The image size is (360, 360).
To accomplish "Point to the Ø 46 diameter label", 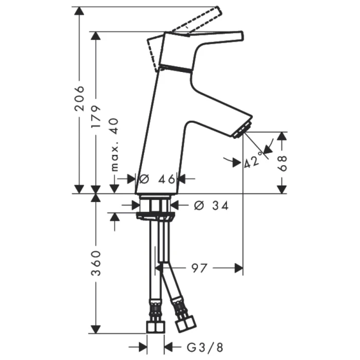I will point(157,179).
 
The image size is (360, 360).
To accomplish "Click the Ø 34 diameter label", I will point(211,205).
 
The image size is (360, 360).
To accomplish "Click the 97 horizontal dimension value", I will point(199,268).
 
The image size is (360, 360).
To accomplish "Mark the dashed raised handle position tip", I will point(217,11).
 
